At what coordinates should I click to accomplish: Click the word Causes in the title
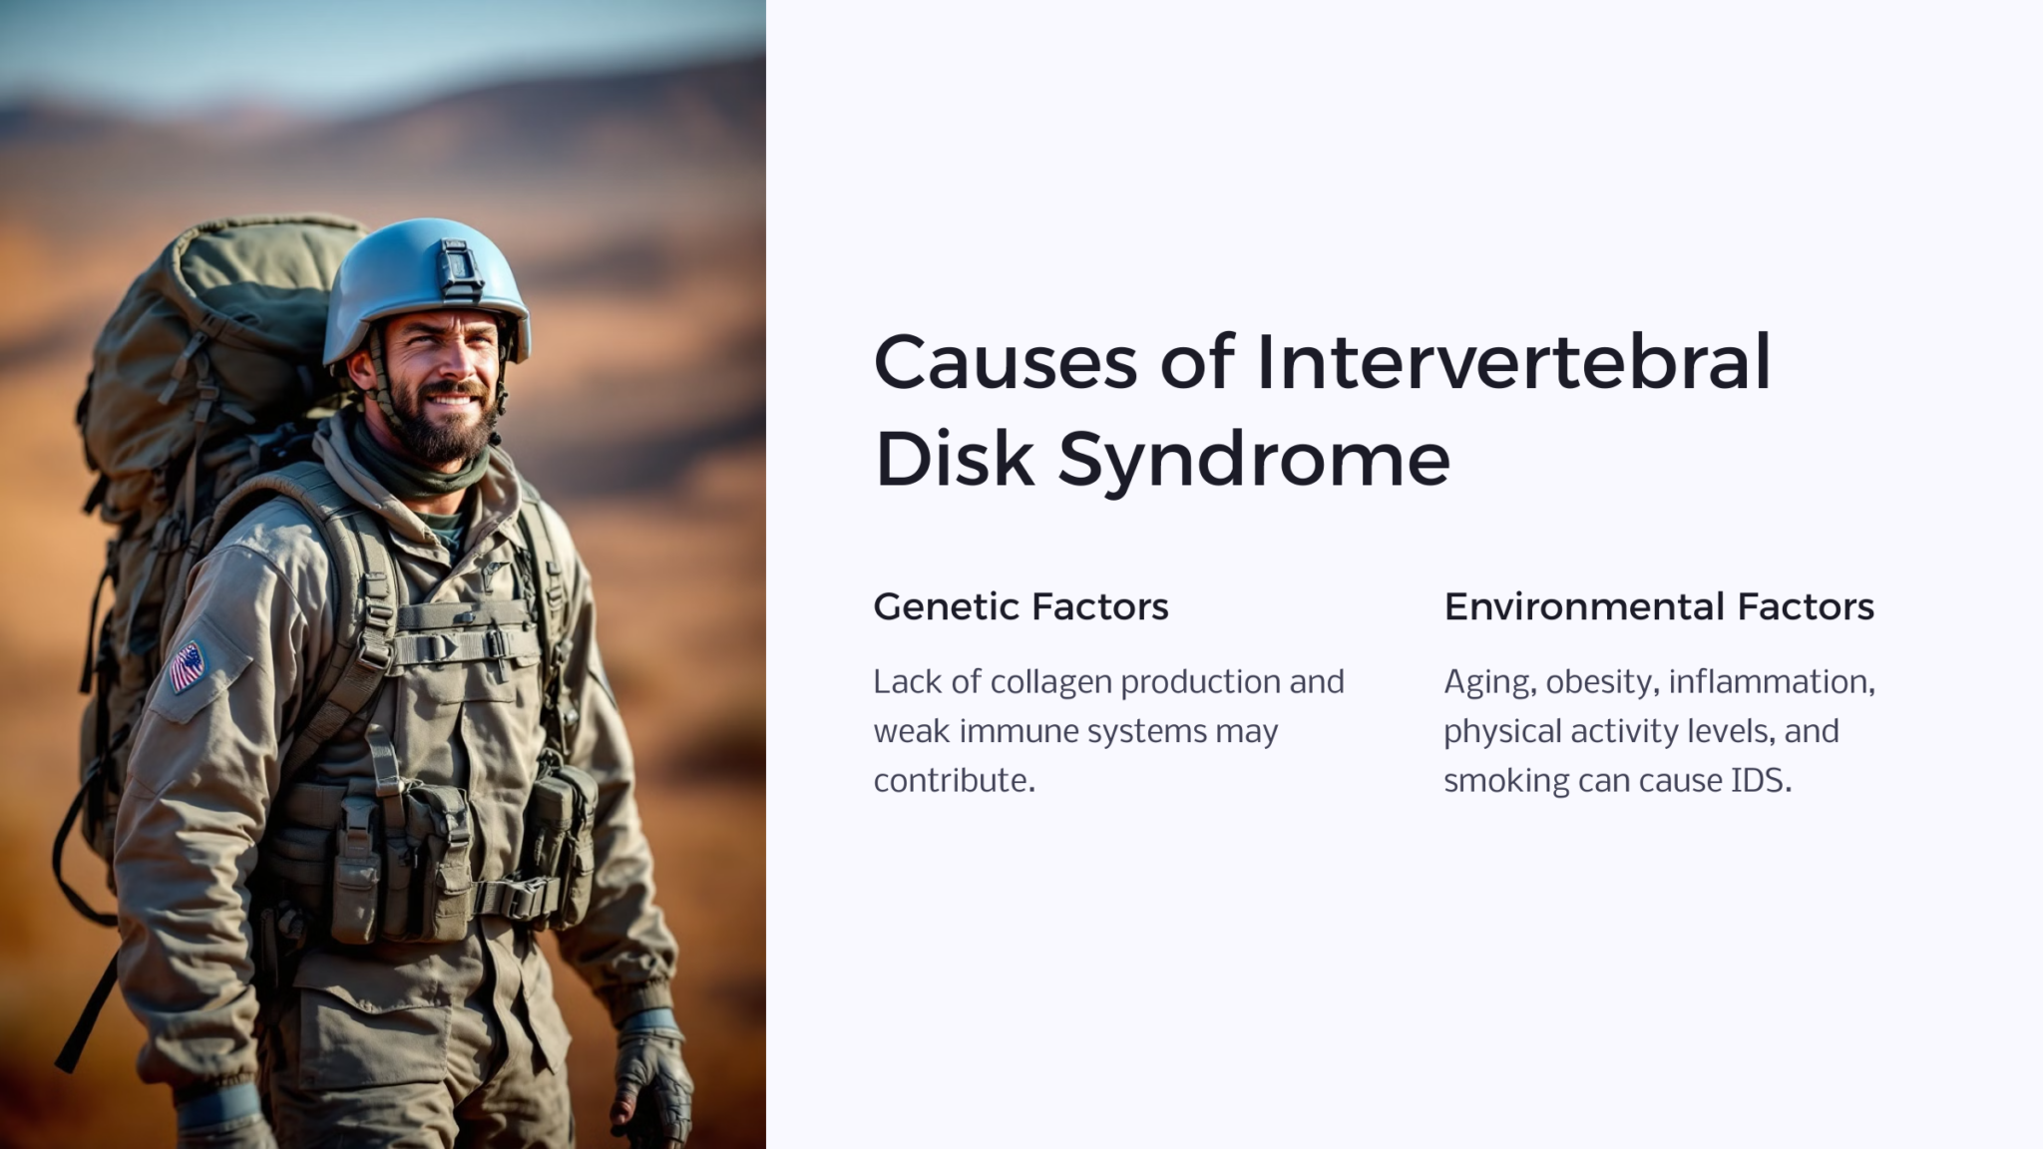[1005, 362]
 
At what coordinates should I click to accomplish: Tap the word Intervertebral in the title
[1513, 362]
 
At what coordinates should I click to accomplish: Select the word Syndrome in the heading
[1254, 461]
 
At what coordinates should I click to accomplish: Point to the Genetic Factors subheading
[1021, 606]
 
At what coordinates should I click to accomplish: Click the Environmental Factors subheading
[1659, 606]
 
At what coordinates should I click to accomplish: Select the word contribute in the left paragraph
[954, 780]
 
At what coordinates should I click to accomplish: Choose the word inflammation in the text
[1771, 682]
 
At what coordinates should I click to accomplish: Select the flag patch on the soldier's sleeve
[187, 666]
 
